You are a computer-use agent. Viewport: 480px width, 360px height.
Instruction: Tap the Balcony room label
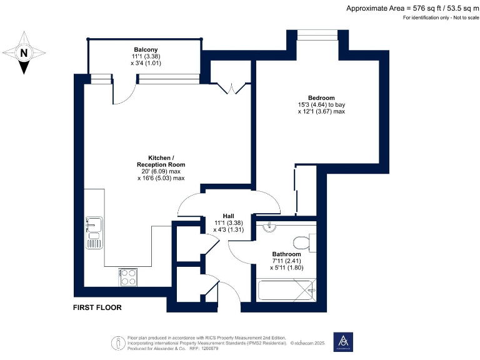[x=145, y=49]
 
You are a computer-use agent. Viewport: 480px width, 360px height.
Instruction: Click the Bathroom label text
[x=286, y=254]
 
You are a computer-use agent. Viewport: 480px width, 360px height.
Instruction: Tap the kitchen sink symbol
[x=94, y=229]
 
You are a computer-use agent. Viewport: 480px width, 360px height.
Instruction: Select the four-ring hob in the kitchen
[x=128, y=276]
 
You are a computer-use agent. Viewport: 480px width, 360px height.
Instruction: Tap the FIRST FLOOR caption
[x=97, y=307]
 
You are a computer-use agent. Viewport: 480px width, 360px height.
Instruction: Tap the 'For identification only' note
[x=439, y=17]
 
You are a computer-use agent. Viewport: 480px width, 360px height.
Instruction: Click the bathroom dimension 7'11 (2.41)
[x=286, y=261]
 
